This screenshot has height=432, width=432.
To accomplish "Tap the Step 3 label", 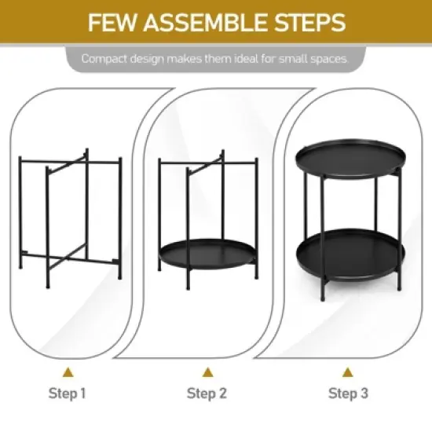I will [348, 393].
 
